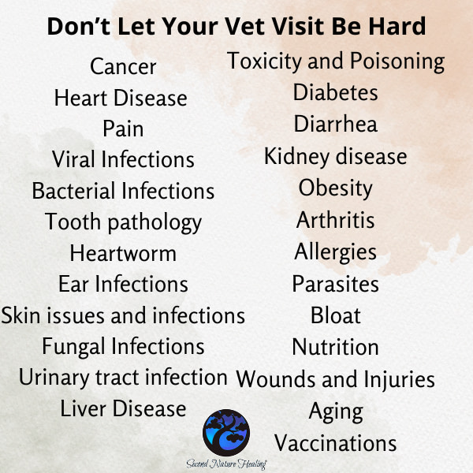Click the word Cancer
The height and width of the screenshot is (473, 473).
click(123, 66)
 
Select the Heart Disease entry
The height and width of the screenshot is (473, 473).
click(121, 98)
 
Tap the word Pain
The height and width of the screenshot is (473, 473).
click(123, 128)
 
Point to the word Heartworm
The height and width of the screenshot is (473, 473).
click(123, 253)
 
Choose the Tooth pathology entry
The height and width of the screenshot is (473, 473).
click(123, 222)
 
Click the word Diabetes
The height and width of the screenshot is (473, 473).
click(336, 92)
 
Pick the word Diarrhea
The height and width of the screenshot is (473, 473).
click(336, 124)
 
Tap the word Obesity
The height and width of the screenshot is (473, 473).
click(336, 188)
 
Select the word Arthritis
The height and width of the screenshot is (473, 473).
click(336, 220)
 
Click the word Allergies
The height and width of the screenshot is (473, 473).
click(336, 252)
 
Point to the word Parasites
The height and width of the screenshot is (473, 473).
click(336, 284)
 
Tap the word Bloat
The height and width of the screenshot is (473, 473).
click(336, 315)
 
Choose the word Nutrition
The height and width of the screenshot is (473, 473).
click(336, 347)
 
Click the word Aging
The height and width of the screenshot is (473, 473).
click(336, 412)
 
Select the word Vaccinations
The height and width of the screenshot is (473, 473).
click(336, 443)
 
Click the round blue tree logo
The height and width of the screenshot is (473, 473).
click(226, 433)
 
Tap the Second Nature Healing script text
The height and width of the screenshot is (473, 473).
click(226, 464)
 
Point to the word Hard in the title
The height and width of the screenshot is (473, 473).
click(397, 27)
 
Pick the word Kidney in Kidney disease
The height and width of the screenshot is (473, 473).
click(297, 157)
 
